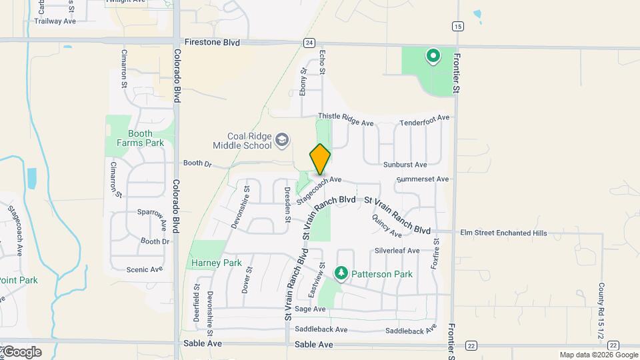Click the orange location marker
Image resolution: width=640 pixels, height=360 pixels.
(320, 159)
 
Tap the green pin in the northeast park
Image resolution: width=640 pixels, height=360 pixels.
(433, 57)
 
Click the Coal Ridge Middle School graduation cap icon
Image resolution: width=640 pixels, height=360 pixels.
(282, 139)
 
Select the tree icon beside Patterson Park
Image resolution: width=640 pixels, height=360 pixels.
(341, 273)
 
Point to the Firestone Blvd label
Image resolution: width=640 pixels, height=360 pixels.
(212, 41)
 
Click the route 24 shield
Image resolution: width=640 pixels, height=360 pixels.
(309, 43)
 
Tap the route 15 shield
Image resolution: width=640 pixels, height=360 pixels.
(457, 26)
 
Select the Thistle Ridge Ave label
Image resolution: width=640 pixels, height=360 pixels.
(345, 119)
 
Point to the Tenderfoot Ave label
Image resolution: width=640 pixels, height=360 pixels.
(425, 121)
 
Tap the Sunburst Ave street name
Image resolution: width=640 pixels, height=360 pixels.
(405, 165)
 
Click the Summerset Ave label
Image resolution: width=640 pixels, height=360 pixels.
(422, 179)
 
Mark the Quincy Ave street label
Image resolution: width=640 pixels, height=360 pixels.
(387, 226)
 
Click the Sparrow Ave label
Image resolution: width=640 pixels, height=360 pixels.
(151, 214)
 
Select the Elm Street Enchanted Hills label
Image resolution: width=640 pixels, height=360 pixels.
(503, 233)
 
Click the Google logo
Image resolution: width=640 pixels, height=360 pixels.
(21, 352)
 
